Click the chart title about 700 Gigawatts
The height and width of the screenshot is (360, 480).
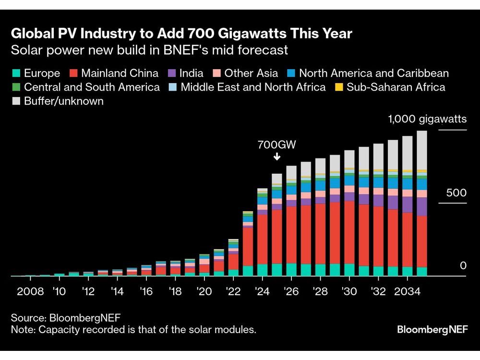tap(181, 34)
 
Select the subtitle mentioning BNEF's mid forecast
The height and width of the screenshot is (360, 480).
tap(149, 50)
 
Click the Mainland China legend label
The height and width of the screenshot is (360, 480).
tap(120, 73)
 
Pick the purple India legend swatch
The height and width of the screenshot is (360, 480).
tap(171, 73)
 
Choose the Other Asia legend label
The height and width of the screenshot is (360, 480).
tap(251, 73)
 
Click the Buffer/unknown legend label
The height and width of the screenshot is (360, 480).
tap(64, 101)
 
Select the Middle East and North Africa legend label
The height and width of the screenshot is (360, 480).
tap(253, 87)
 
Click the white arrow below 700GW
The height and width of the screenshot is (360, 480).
tap(276, 156)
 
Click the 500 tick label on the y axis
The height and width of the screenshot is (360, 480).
tap(456, 193)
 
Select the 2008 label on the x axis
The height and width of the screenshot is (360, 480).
tap(31, 291)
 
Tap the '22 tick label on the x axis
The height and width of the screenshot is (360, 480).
tap(233, 291)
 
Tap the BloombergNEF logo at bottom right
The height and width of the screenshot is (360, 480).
tap(432, 330)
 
